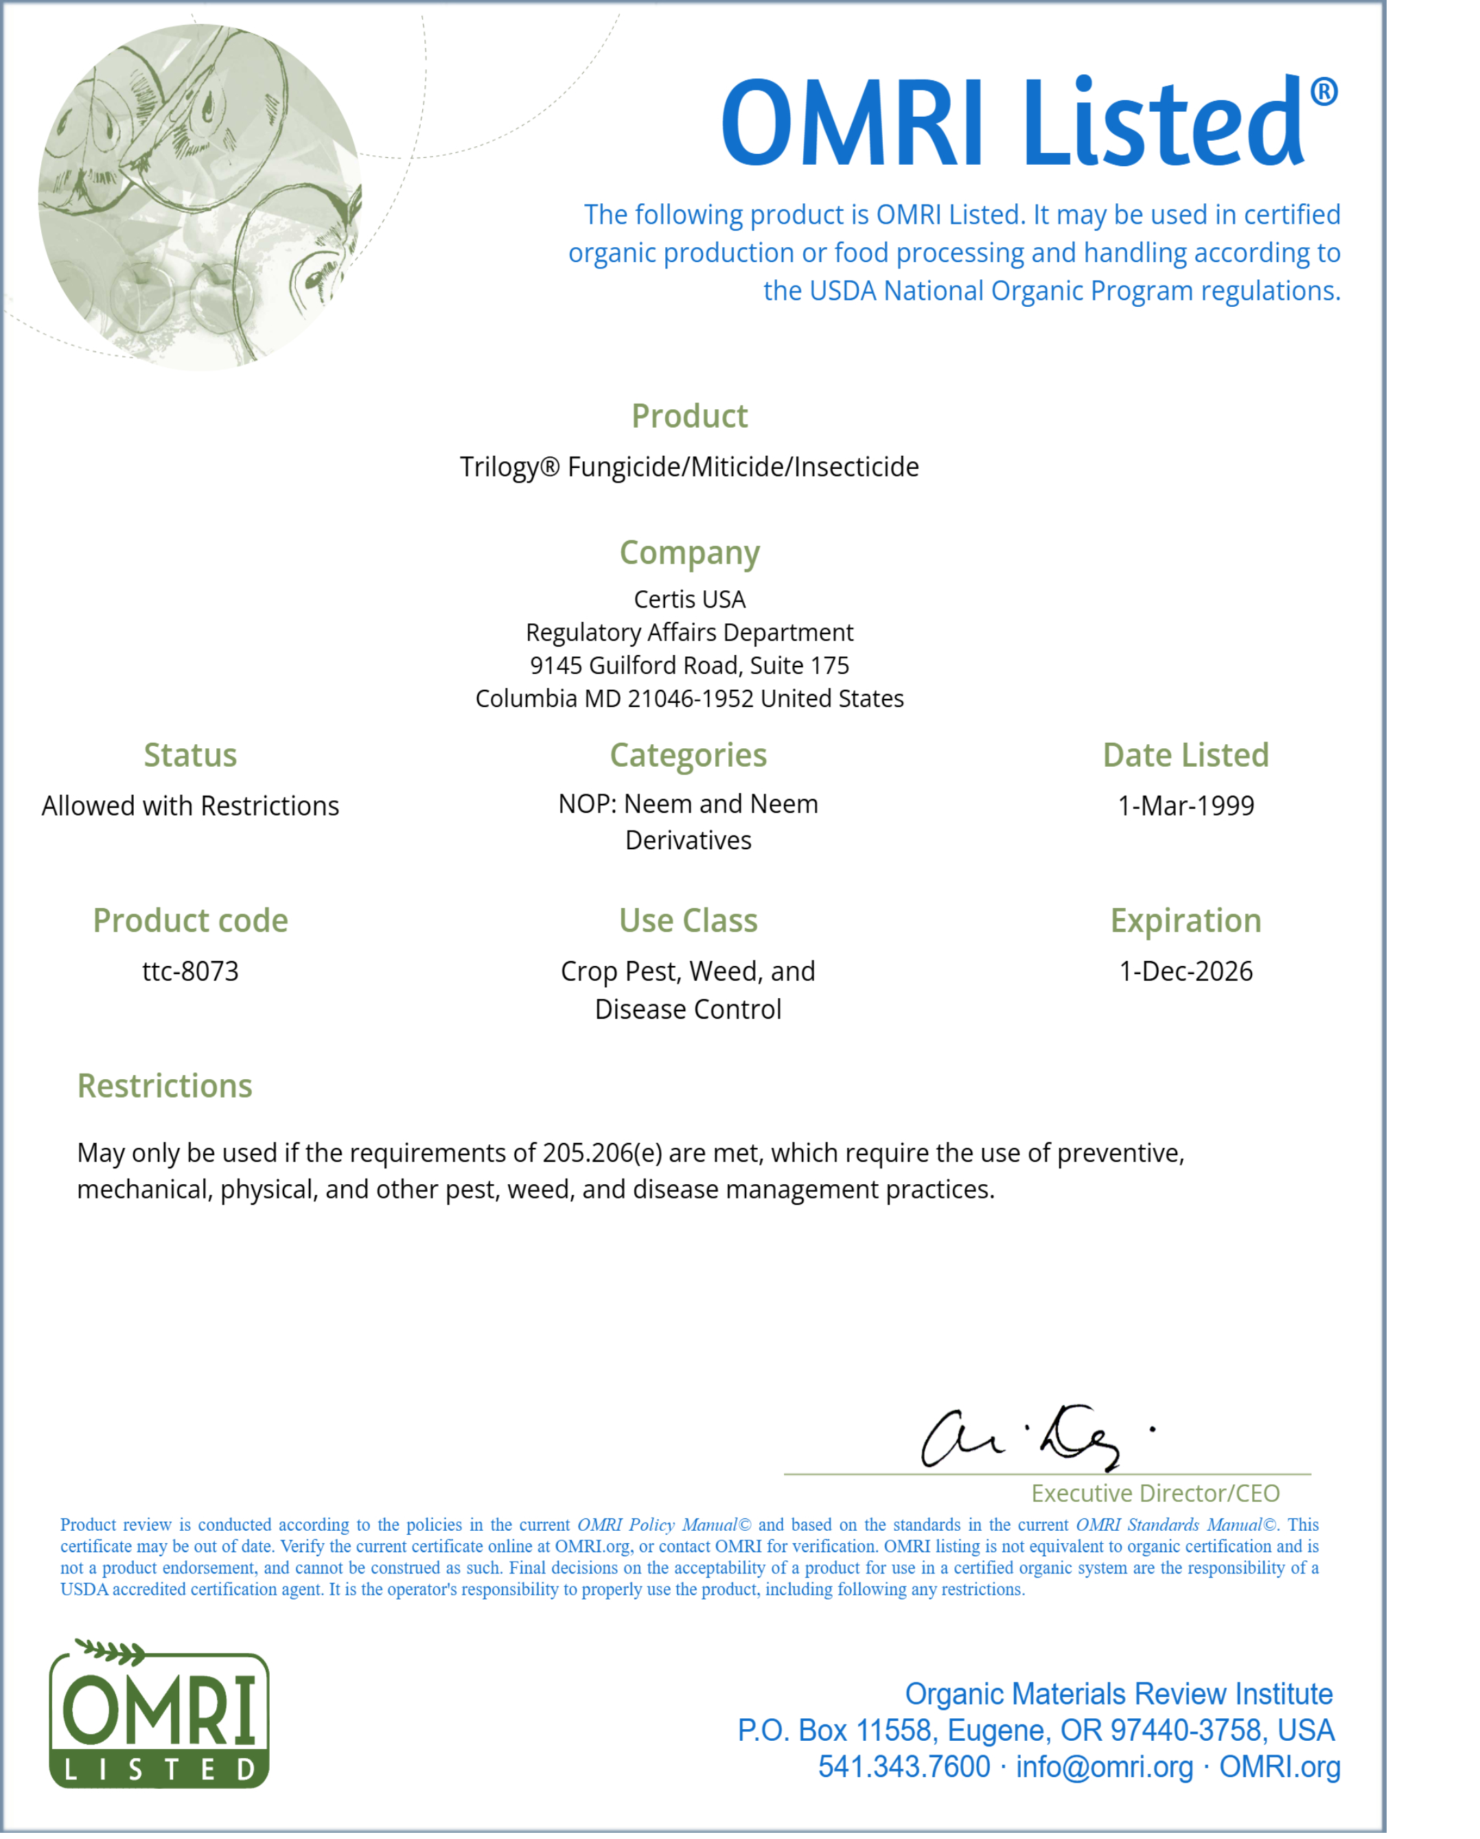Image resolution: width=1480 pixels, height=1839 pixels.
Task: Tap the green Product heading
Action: tap(689, 416)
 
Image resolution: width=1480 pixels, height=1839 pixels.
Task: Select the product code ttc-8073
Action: tap(190, 971)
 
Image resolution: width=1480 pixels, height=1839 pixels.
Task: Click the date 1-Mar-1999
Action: tap(1186, 805)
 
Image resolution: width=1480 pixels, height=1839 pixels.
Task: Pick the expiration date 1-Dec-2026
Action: tap(1186, 971)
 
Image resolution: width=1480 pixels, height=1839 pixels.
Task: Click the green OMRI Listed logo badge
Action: tap(159, 1715)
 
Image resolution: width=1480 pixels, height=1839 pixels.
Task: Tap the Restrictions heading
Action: tap(165, 1086)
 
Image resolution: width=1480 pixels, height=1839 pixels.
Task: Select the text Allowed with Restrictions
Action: tap(190, 805)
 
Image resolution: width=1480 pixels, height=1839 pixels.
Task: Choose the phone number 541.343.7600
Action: tap(904, 1766)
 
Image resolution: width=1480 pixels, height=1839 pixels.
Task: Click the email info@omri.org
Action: tap(1104, 1766)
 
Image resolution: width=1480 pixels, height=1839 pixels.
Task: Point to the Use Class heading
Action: tap(689, 921)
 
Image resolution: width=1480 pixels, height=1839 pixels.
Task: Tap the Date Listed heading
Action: tap(1186, 755)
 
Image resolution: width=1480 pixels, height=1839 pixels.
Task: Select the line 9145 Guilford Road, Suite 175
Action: tap(689, 665)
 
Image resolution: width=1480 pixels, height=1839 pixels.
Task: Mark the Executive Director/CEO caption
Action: tap(1155, 1493)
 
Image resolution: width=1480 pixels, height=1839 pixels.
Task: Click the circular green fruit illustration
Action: tap(200, 196)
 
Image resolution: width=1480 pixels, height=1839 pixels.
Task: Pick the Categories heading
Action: tap(689, 755)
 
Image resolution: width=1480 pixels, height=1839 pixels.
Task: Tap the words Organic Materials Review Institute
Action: tap(1118, 1693)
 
